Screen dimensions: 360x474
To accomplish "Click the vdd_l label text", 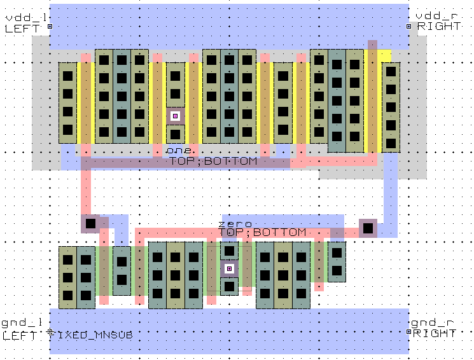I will tap(20, 17).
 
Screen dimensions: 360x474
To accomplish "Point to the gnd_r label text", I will tap(430, 323).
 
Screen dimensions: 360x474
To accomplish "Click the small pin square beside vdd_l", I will tap(50, 27).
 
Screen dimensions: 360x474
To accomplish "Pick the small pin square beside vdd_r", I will tap(408, 27).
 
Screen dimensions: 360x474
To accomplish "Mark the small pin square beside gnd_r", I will tap(408, 332).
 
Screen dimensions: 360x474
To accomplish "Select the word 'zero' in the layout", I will tap(235, 224).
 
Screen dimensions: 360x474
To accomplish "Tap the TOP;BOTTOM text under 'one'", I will tap(213, 162).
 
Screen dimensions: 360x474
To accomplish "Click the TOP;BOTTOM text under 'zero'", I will tap(262, 233).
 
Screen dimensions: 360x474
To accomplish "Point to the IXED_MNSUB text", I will tap(95, 334).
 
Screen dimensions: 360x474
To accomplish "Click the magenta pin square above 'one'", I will tap(175, 116).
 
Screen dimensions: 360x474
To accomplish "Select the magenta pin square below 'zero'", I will tap(229, 268).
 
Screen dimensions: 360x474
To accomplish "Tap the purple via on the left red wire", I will tap(90, 224).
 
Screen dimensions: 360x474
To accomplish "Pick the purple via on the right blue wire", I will tap(368, 228).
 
